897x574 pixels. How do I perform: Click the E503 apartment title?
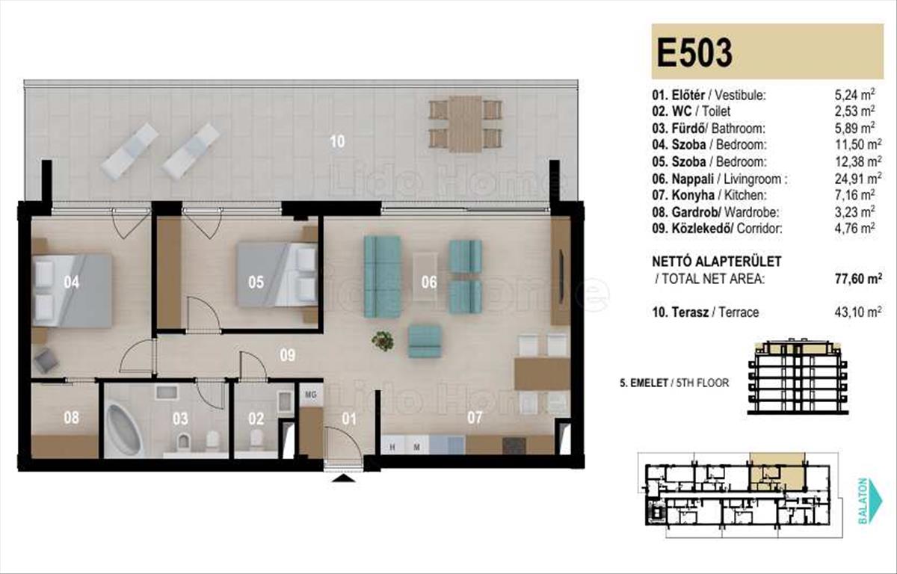click(694, 52)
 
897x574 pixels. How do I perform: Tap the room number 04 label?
click(71, 283)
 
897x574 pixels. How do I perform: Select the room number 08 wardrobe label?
click(71, 418)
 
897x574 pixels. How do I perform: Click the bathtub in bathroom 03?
click(124, 430)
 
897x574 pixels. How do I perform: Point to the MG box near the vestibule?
click(311, 395)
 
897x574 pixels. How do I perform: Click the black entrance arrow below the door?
click(343, 478)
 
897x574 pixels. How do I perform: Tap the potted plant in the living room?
click(383, 341)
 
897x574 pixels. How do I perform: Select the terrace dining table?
click(465, 124)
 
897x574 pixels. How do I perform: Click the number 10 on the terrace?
click(337, 141)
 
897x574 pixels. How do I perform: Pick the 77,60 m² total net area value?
click(858, 278)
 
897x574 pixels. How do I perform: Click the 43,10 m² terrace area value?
click(858, 312)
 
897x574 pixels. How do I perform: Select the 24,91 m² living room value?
click(858, 179)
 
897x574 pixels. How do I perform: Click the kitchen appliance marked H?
click(392, 447)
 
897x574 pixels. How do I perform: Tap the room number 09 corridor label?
click(288, 355)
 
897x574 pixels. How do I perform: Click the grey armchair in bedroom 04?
click(46, 361)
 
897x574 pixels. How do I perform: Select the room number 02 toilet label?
click(256, 419)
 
